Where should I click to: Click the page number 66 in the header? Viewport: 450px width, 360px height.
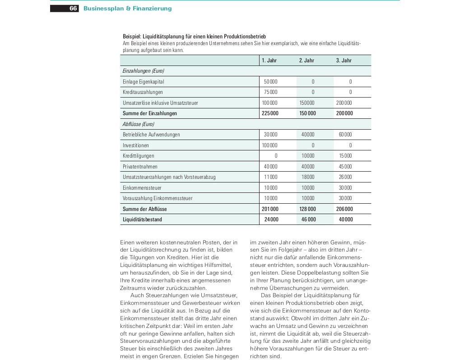pyautogui.click(x=74, y=9)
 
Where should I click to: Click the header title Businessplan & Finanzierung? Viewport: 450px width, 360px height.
pyautogui.click(x=127, y=9)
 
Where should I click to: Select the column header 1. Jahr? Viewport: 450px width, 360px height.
pyautogui.click(x=269, y=61)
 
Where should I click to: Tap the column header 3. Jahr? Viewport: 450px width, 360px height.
pyautogui.click(x=343, y=61)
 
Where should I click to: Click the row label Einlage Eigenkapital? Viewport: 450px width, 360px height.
pyautogui.click(x=143, y=82)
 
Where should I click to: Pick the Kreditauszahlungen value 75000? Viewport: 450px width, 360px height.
pyautogui.click(x=270, y=92)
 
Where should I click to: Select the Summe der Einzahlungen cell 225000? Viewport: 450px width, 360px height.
pyautogui.click(x=270, y=113)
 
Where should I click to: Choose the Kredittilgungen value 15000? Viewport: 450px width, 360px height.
pyautogui.click(x=345, y=156)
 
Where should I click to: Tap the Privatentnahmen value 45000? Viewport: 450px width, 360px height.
pyautogui.click(x=345, y=167)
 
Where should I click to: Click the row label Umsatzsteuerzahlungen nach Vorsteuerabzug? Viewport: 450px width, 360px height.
pyautogui.click(x=169, y=177)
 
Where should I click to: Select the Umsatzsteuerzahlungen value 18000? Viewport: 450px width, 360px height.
pyautogui.click(x=308, y=177)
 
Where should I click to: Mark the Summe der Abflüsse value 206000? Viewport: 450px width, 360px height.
pyautogui.click(x=345, y=209)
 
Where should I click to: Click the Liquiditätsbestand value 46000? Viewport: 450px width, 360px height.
pyautogui.click(x=308, y=220)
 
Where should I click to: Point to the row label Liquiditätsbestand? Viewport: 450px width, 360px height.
pyautogui.click(x=142, y=220)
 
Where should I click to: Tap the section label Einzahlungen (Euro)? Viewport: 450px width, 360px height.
pyautogui.click(x=143, y=71)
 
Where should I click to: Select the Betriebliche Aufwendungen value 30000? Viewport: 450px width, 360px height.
pyautogui.click(x=270, y=135)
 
